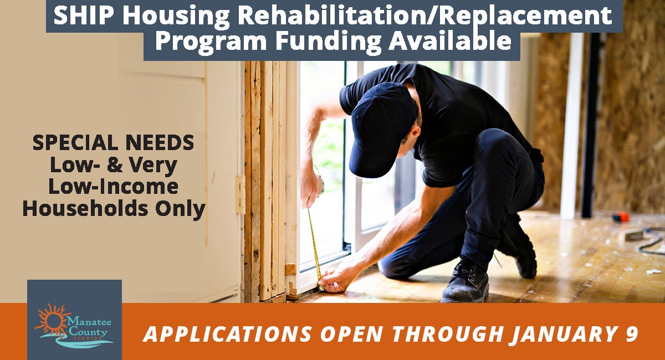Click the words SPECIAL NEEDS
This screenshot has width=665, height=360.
tap(114, 143)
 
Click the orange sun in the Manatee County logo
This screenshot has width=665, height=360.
tap(53, 318)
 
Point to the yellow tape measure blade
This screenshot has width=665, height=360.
tap(314, 244)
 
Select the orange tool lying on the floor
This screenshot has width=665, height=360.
tap(621, 217)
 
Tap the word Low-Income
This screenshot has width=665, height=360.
tap(114, 187)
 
